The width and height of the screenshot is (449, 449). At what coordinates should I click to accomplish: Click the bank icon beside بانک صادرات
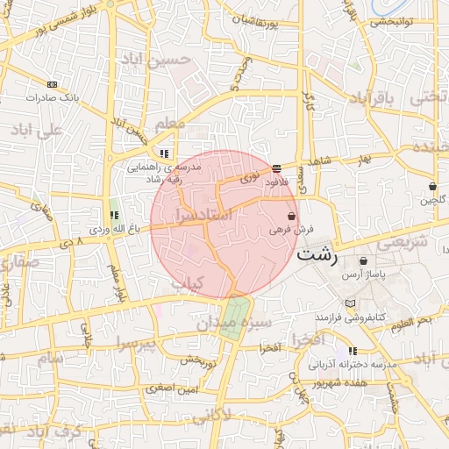click(52, 84)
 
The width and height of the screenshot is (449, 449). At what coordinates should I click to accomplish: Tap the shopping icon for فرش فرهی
click(291, 216)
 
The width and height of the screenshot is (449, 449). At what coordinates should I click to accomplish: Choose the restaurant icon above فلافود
click(276, 167)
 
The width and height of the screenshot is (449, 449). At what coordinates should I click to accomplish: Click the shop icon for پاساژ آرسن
click(363, 261)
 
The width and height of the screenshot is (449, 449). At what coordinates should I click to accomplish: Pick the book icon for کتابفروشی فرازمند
click(351, 303)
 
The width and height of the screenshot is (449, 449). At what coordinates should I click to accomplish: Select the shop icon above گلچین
click(433, 186)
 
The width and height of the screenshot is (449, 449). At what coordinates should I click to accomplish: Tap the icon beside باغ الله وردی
click(113, 215)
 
